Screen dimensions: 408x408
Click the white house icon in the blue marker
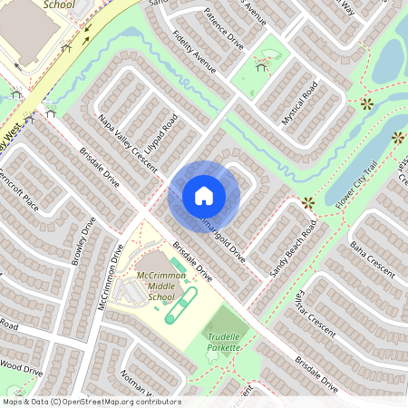(x=204, y=196)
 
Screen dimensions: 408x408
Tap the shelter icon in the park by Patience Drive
(x=261, y=65)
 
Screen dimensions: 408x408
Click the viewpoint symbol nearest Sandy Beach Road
(x=308, y=202)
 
